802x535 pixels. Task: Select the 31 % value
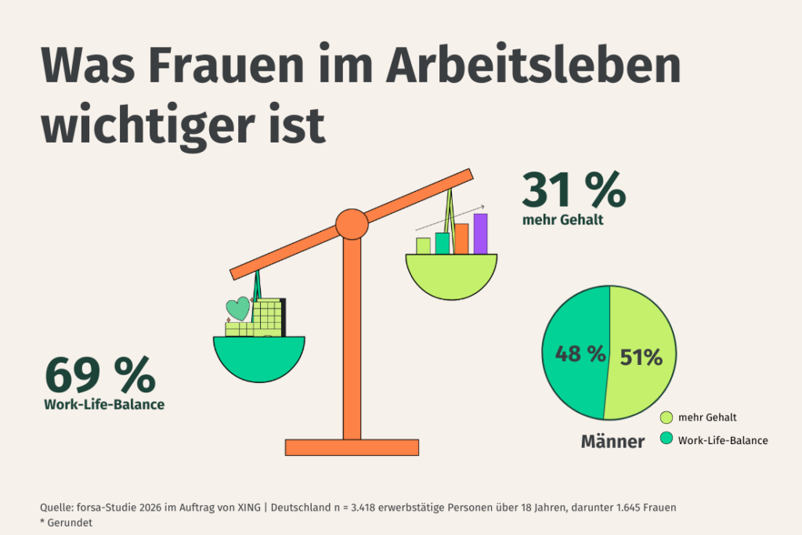(x=573, y=190)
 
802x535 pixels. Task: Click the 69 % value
(x=100, y=375)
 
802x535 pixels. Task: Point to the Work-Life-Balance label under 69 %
(x=104, y=405)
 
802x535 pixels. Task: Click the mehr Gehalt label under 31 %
(x=562, y=220)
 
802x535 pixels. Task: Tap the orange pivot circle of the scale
(x=352, y=224)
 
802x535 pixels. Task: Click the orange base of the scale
(x=352, y=447)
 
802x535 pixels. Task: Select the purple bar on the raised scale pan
(x=480, y=233)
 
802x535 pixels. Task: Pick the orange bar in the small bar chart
(x=461, y=239)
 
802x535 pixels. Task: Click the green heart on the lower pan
(x=237, y=308)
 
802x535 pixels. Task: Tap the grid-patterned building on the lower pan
(x=268, y=317)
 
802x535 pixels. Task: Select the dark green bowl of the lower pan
(x=258, y=356)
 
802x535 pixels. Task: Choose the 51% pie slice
(x=641, y=356)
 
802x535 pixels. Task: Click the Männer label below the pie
(x=612, y=442)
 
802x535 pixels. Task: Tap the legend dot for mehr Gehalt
(x=667, y=418)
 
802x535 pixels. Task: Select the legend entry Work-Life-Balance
(x=722, y=440)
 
